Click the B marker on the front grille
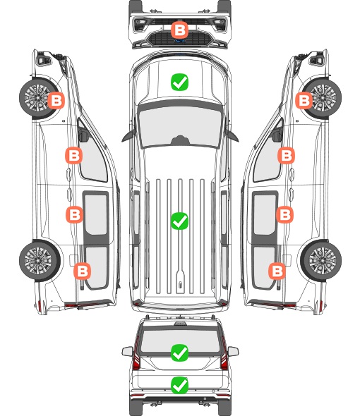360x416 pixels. point(179,30)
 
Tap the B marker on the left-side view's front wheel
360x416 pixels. point(56,100)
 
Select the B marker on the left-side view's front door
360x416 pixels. point(73,155)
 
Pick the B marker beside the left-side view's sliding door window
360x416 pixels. point(74,214)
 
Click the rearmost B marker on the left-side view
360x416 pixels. point(82,271)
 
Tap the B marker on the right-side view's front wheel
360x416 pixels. point(304,100)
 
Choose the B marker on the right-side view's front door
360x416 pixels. point(286,155)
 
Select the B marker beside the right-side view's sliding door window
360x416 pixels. point(284,214)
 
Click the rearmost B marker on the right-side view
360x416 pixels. point(277,271)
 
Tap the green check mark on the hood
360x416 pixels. point(179,82)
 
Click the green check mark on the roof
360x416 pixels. point(179,221)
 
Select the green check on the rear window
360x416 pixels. point(179,353)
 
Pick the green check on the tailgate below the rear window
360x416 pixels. point(179,385)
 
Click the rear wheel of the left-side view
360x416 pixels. point(40,261)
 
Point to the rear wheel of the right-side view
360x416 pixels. point(321,261)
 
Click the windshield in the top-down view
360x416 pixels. point(180,127)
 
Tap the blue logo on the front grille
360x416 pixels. point(179,41)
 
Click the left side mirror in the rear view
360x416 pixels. point(128,351)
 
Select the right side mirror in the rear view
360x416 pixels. point(233,351)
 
